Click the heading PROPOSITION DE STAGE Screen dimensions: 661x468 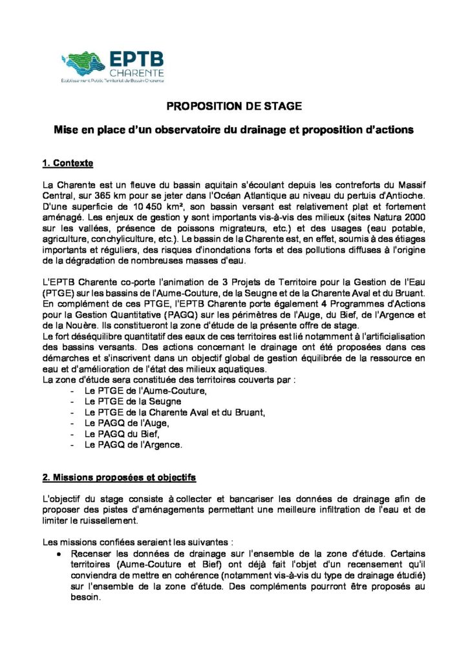(x=234, y=106)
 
